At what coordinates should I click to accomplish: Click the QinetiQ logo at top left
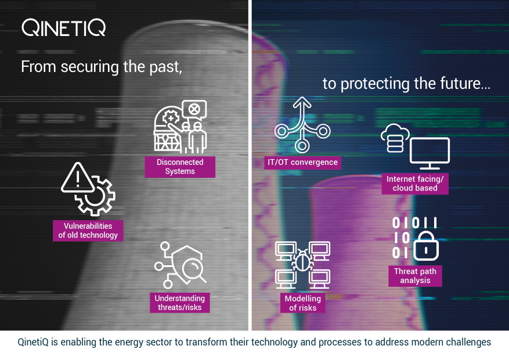point(64,27)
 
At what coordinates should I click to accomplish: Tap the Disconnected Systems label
point(180,167)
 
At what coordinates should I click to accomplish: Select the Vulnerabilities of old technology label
point(88,231)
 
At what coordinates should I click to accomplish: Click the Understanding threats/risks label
point(179,303)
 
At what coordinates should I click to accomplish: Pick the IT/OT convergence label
point(302,162)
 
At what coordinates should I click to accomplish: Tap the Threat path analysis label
point(415,276)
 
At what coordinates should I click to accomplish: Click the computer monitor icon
point(429,152)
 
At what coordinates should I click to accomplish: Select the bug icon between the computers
point(302,261)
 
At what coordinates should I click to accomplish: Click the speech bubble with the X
point(194,109)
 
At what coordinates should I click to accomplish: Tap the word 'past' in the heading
point(165,66)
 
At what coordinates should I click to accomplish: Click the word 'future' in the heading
point(457,84)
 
